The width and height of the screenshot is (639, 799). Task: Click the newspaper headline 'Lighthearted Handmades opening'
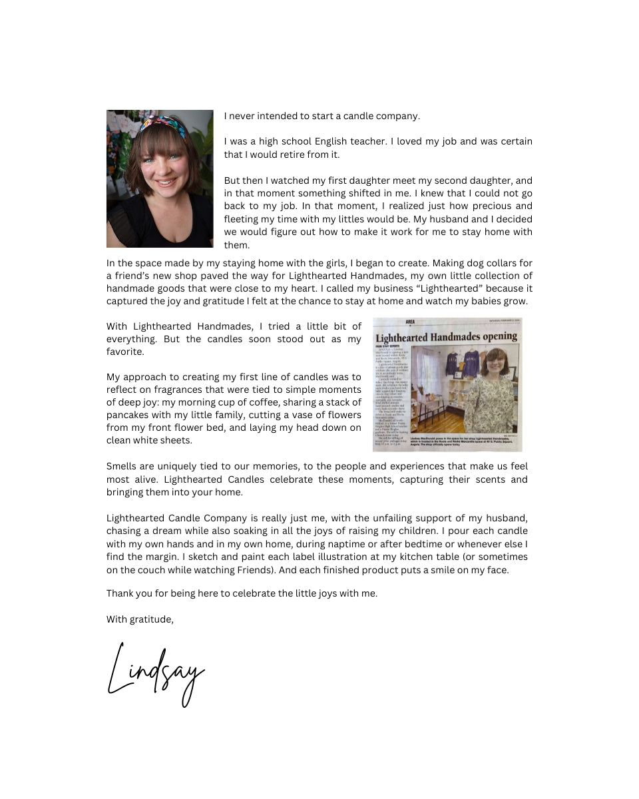(x=447, y=337)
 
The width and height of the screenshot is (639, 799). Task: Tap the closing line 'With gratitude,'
(x=140, y=619)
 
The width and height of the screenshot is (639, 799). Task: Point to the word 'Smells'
(x=122, y=467)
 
